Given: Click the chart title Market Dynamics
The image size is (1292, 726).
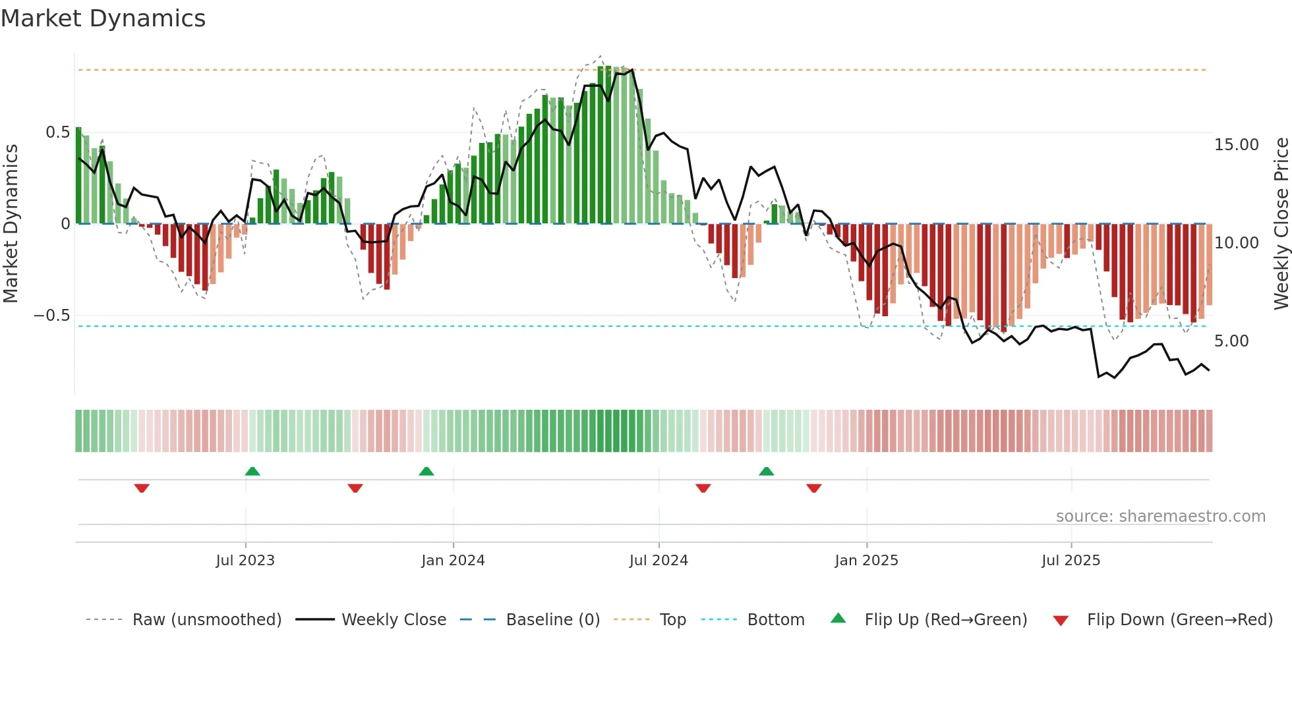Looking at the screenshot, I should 103,18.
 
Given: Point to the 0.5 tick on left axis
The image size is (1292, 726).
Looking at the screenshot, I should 57,132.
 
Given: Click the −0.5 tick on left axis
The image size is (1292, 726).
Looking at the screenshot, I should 51,316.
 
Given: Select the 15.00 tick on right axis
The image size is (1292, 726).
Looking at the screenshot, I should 1236,145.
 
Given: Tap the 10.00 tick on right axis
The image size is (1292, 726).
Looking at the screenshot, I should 1236,243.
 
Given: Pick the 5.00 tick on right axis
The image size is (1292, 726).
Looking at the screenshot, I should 1231,341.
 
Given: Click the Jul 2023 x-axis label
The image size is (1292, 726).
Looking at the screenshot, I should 245,561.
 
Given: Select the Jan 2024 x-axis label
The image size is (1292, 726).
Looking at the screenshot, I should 453,561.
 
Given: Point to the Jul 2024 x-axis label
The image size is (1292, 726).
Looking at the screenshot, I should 659,561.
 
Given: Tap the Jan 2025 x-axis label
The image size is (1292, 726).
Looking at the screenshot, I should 866,561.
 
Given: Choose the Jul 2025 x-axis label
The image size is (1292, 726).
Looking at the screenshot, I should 1071,561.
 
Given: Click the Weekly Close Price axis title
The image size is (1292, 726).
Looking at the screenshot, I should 1281,224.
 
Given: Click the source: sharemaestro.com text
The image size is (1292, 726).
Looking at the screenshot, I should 1160,517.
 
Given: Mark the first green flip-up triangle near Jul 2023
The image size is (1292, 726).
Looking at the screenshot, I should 252,472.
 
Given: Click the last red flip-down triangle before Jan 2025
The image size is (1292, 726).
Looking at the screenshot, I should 813,488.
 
